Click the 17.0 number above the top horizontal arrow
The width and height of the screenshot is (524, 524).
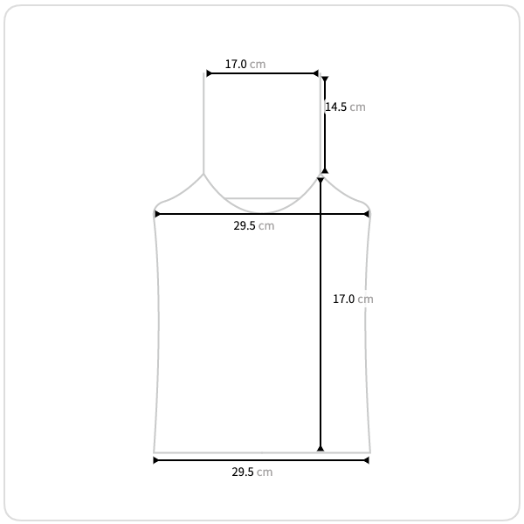pyautogui.click(x=236, y=64)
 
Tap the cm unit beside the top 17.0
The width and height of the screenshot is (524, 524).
pyautogui.click(x=258, y=64)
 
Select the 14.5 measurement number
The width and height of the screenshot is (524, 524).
pyautogui.click(x=336, y=107)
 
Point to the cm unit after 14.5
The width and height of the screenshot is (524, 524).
pyautogui.click(x=357, y=107)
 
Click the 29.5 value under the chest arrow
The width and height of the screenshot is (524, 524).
pyautogui.click(x=245, y=225)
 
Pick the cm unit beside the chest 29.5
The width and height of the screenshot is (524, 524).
pyautogui.click(x=266, y=226)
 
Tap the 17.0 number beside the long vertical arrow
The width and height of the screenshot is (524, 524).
pyautogui.click(x=343, y=299)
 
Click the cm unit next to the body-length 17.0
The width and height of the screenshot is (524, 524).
pyautogui.click(x=365, y=299)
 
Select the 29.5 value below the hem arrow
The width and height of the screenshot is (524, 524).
pyautogui.click(x=243, y=472)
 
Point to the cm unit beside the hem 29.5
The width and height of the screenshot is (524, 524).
pyautogui.click(x=265, y=472)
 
